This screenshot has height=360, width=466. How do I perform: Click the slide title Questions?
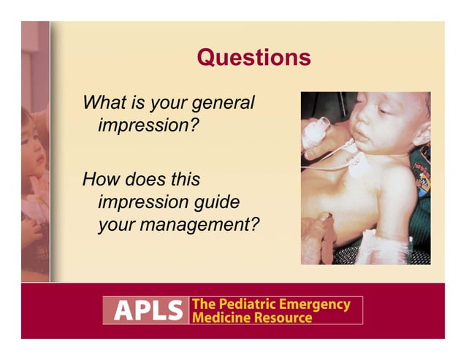pyautogui.click(x=253, y=57)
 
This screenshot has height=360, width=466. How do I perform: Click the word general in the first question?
pyautogui.click(x=222, y=103)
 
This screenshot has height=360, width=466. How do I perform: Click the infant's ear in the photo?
pyautogui.click(x=417, y=137)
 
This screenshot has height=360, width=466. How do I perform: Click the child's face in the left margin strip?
pyautogui.click(x=34, y=142)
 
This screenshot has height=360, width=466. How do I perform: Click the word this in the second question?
pyautogui.click(x=183, y=179)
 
